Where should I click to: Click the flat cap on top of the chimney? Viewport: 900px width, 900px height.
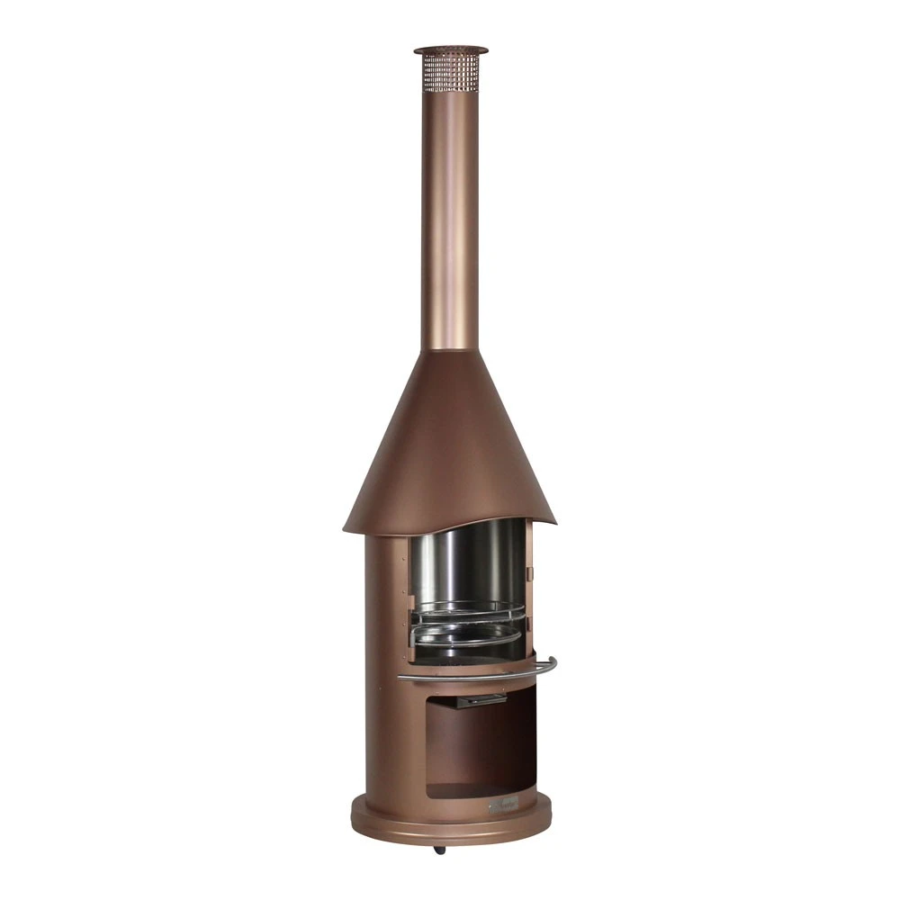click(450, 50)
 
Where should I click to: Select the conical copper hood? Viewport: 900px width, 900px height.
click(450, 441)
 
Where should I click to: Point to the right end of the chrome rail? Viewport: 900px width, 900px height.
click(551, 663)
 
